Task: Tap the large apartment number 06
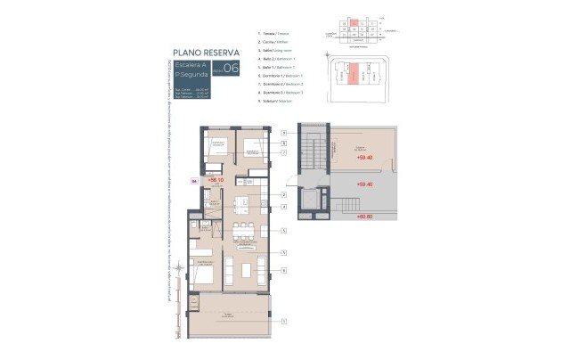pyautogui.click(x=230, y=69)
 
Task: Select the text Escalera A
pyautogui.click(x=192, y=65)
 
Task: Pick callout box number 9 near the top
pyautogui.click(x=283, y=133)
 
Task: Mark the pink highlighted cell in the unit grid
pyautogui.click(x=353, y=20)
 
